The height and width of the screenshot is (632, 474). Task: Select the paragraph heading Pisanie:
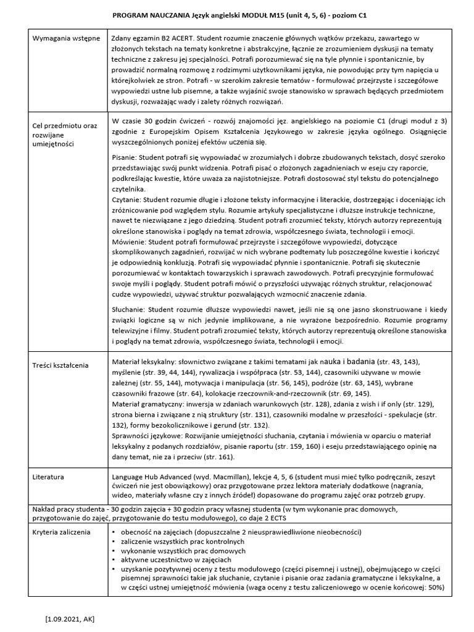click(x=127, y=159)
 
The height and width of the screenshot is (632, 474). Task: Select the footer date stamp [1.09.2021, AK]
click(x=70, y=618)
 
